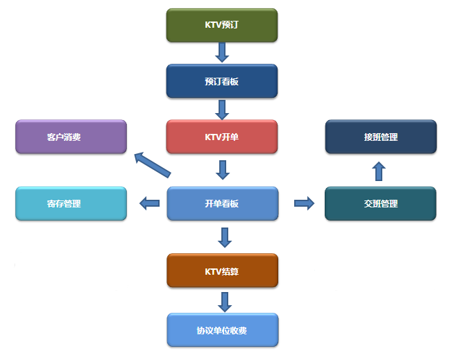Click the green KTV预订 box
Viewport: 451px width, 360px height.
[x=222, y=25]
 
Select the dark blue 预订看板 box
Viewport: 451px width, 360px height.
[x=222, y=81]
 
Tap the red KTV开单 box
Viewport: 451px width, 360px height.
[x=222, y=137]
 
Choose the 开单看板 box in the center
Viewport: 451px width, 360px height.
[x=222, y=203]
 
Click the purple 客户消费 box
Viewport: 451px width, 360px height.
[x=71, y=137]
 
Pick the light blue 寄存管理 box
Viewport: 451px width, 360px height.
[x=71, y=203]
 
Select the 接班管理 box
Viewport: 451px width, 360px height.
[x=380, y=137]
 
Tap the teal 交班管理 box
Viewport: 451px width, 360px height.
[x=380, y=203]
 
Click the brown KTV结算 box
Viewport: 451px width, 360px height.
[x=222, y=271]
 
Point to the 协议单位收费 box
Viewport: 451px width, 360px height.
[x=222, y=329]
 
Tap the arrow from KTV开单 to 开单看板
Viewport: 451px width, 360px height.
[x=222, y=169]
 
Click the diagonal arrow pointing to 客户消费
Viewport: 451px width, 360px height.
[x=151, y=164]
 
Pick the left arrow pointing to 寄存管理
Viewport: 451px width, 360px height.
[x=148, y=203]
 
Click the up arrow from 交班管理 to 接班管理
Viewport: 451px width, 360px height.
[x=379, y=171]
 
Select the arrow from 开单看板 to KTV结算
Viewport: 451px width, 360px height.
[x=223, y=237]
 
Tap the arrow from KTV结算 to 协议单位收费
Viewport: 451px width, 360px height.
[x=223, y=301]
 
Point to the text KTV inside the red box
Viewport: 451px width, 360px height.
[x=214, y=137]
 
